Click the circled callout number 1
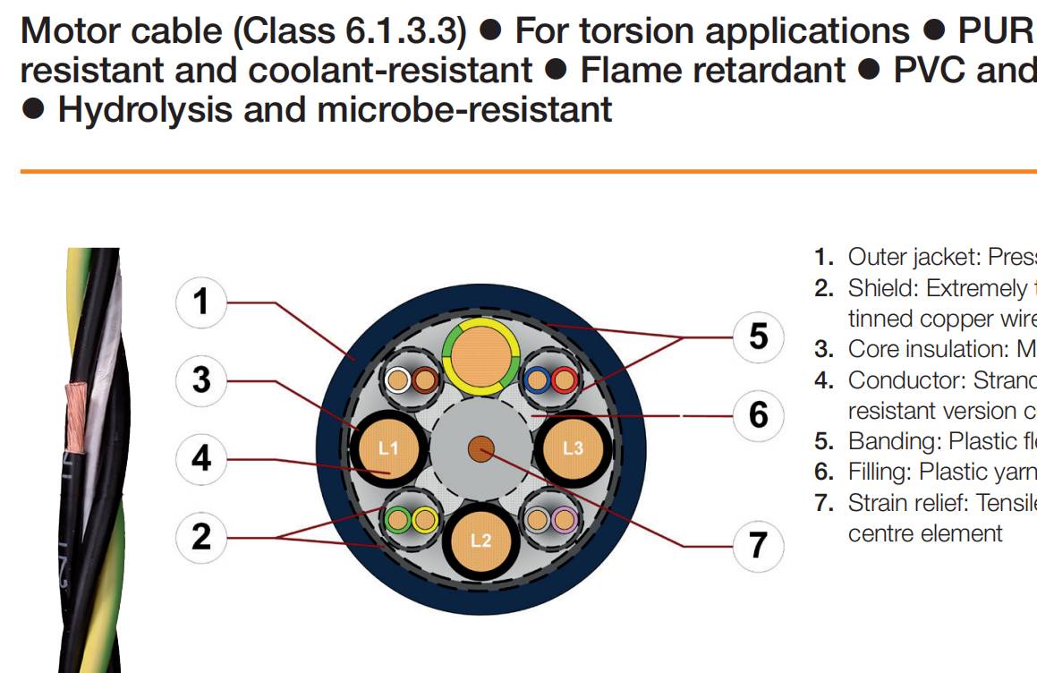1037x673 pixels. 201,302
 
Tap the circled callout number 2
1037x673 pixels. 201,537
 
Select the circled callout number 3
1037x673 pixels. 201,380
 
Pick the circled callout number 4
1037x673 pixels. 201,458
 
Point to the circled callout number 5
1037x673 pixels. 759,336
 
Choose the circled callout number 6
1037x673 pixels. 759,415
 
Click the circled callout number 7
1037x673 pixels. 759,546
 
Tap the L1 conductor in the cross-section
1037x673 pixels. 389,448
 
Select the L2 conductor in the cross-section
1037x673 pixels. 480,541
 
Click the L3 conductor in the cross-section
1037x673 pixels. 573,448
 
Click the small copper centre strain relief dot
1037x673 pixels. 480,449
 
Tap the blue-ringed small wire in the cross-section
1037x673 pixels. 536,379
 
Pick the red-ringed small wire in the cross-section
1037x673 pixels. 565,379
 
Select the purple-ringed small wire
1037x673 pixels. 565,520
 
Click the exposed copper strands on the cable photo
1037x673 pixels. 76,417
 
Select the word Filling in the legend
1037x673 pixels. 878,472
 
